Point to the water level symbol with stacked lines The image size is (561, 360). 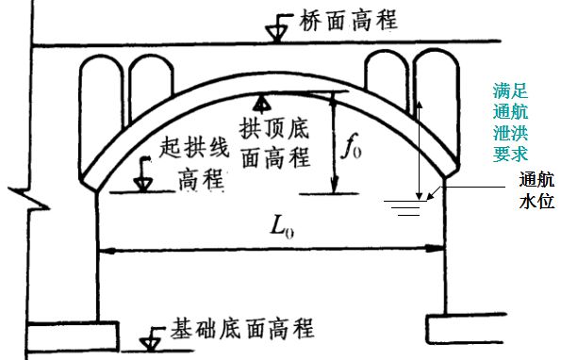[x=406, y=205]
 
